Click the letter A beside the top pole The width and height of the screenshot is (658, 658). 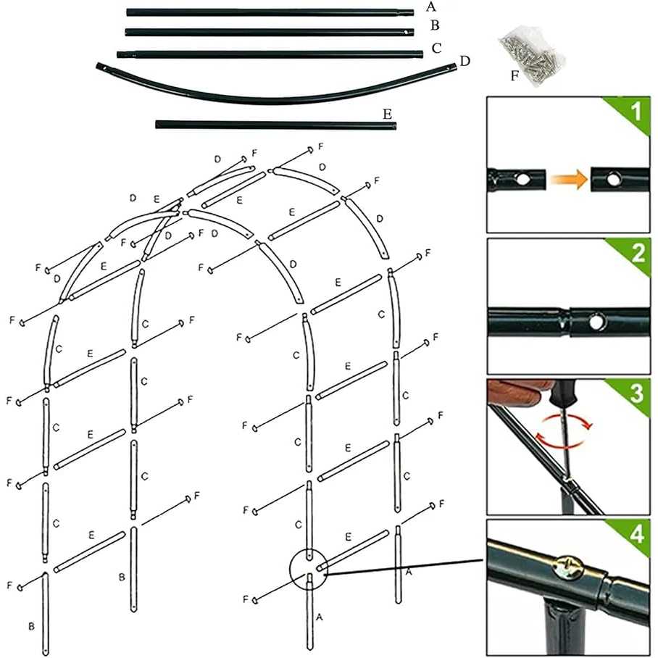pos(431,7)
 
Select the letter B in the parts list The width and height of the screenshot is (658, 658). pos(435,26)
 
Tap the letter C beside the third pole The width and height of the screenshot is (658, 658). pos(436,49)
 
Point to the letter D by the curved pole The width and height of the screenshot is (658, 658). pos(465,60)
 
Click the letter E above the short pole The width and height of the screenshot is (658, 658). pos(387,114)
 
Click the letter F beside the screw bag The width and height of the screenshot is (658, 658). pos(515,75)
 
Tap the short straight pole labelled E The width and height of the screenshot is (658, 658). pos(275,125)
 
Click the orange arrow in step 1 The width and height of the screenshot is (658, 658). pos(567,180)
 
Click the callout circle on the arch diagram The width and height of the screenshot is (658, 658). pos(310,568)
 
